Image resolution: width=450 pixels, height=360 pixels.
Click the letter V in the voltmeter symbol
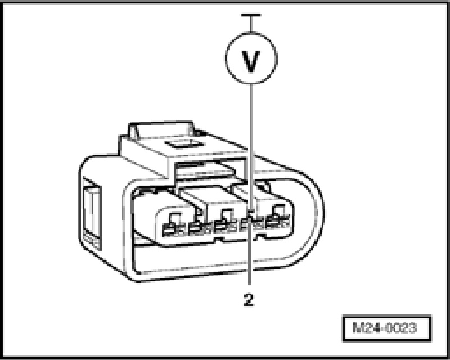coord(251,61)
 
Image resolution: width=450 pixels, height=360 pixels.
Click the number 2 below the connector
coord(249,299)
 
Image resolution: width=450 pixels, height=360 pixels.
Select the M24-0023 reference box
coord(388,326)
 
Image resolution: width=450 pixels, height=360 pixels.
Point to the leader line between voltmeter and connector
coord(251,141)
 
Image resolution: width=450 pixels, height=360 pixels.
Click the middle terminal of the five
coord(221,227)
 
